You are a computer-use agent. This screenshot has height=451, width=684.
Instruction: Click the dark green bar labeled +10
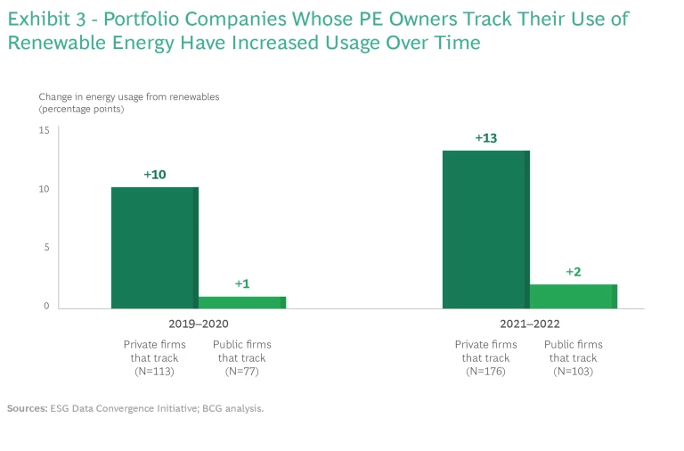(154, 248)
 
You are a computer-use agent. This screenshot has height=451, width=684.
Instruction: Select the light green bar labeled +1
(241, 302)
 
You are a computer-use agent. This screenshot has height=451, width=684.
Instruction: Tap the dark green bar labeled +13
(485, 229)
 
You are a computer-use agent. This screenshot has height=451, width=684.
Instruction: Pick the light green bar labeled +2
(573, 296)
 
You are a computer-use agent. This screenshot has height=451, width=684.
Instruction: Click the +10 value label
(155, 175)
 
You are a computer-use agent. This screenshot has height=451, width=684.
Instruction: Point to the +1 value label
(242, 283)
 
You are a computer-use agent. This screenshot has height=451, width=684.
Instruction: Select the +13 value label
(486, 138)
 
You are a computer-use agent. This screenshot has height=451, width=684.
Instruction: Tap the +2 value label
(574, 272)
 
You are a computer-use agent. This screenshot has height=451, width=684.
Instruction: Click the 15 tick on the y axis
(44, 130)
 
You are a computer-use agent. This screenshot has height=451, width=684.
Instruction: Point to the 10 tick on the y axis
(44, 189)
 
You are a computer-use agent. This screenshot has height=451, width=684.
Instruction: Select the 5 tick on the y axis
(45, 248)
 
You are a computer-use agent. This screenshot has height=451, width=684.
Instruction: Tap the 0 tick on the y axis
(45, 307)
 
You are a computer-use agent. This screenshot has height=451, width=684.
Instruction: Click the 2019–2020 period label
(198, 324)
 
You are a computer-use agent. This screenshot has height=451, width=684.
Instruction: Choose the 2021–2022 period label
(529, 324)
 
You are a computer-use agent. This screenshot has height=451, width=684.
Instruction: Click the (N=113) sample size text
(154, 372)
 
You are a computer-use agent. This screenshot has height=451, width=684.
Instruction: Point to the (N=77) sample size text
(241, 372)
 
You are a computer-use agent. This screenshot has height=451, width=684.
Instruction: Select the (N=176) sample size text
(485, 372)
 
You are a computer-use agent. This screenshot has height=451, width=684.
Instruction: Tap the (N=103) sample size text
(573, 372)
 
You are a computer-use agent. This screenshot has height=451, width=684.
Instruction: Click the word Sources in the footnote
(27, 408)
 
